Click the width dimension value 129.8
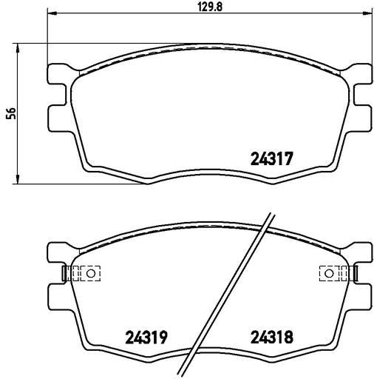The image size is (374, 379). tap(210, 7)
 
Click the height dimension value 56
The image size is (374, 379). tap(11, 113)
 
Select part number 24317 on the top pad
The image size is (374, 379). tap(272, 158)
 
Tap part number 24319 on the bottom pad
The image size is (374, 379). tap(146, 338)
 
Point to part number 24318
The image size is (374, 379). tap(272, 338)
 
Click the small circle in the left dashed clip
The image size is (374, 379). tap(90, 273)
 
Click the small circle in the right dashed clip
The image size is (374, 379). tap(329, 273)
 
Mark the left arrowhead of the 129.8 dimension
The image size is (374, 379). tap(52, 14)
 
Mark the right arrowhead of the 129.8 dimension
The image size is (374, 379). tap(367, 14)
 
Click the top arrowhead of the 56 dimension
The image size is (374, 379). tap(18, 48)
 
